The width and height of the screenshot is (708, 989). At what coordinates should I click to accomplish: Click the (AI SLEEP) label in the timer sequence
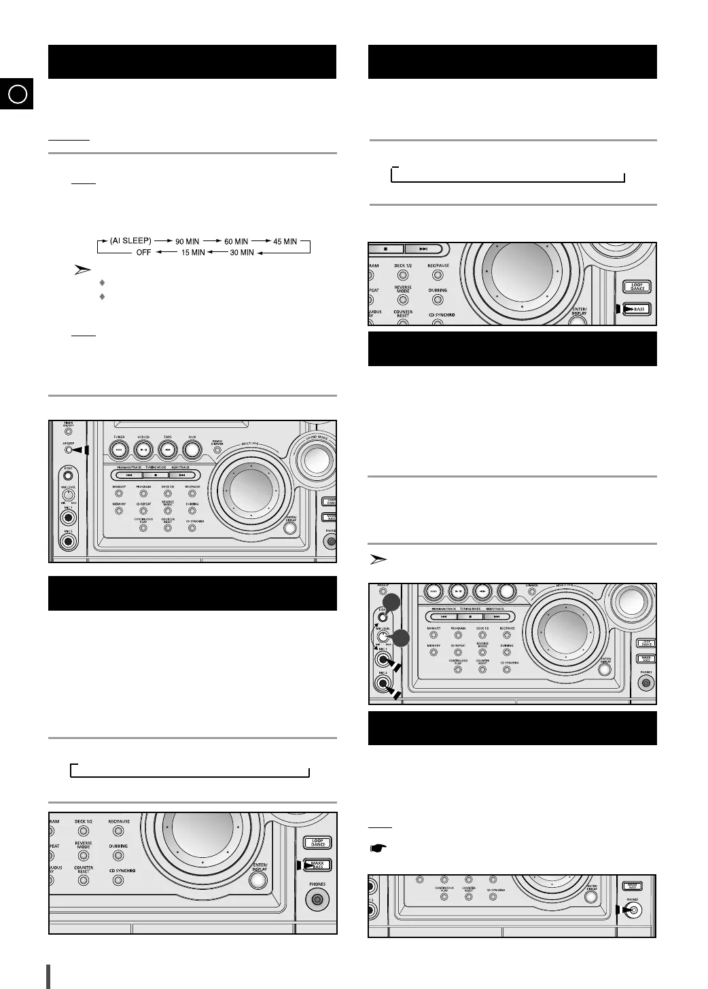point(131,241)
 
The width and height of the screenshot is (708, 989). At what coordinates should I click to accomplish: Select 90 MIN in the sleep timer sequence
point(187,241)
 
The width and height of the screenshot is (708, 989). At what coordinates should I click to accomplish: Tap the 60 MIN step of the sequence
point(236,241)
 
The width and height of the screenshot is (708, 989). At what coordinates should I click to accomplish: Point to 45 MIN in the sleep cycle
point(285,241)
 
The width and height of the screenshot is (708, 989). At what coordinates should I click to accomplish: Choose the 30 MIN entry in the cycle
point(242,253)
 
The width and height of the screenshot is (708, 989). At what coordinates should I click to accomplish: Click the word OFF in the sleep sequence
point(143,253)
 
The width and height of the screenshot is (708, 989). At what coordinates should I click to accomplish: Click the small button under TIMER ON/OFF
point(67,433)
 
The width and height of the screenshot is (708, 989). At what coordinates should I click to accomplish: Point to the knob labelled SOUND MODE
point(315,460)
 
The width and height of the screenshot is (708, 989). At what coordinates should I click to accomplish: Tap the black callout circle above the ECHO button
point(390,603)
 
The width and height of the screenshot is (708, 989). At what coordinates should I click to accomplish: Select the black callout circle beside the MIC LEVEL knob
point(401,638)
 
